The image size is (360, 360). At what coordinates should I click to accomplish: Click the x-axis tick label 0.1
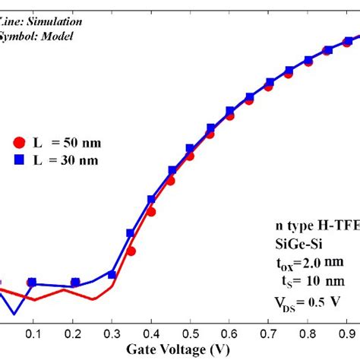[33, 335]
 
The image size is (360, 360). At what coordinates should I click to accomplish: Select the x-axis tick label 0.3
[112, 335]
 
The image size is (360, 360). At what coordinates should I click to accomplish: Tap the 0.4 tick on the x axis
[151, 335]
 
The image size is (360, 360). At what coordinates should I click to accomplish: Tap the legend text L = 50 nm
[68, 142]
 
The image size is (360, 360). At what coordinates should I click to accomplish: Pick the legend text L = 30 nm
[68, 160]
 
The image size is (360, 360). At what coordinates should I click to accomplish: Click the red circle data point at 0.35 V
[131, 251]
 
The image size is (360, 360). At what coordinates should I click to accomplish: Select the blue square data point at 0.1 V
[32, 283]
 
